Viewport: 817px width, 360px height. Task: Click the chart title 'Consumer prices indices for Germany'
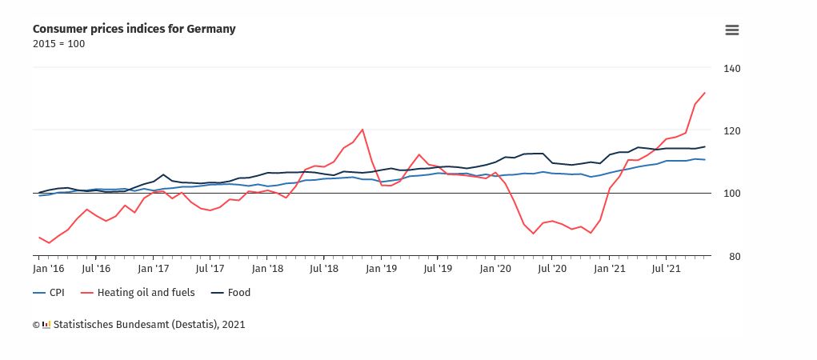click(x=134, y=29)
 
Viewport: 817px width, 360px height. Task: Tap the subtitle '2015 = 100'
click(x=58, y=43)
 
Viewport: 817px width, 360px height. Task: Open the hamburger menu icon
click(x=731, y=30)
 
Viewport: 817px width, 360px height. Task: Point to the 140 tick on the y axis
click(x=732, y=68)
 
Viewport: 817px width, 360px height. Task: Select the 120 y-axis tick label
click(x=732, y=130)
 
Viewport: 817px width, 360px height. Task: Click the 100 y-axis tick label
click(x=732, y=193)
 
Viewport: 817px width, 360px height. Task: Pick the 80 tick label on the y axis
click(x=732, y=256)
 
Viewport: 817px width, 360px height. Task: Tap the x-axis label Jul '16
click(x=96, y=270)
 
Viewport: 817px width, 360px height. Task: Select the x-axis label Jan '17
click(x=153, y=270)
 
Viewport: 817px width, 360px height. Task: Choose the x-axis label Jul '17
click(x=209, y=270)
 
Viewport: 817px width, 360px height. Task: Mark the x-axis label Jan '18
click(x=266, y=270)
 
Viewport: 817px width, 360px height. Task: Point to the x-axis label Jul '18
click(x=322, y=270)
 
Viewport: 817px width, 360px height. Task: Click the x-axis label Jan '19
click(x=381, y=270)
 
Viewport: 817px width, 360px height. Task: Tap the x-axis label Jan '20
click(x=495, y=270)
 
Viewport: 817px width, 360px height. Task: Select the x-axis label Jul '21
click(x=667, y=270)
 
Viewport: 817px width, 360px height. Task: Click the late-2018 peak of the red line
click(x=362, y=129)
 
